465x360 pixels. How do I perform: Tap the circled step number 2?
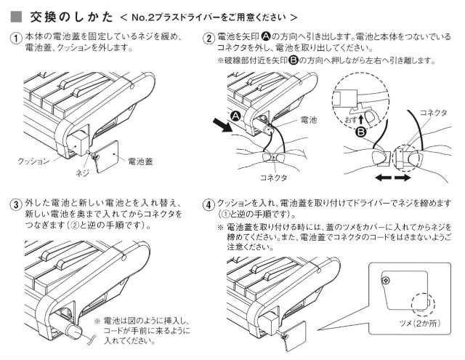pos(209,38)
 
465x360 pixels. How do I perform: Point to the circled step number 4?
pos(209,204)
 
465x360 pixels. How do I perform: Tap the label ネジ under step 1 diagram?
pos(84,175)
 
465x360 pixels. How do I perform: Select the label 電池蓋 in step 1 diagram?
pos(141,159)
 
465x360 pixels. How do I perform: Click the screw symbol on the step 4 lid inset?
pos(385,281)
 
